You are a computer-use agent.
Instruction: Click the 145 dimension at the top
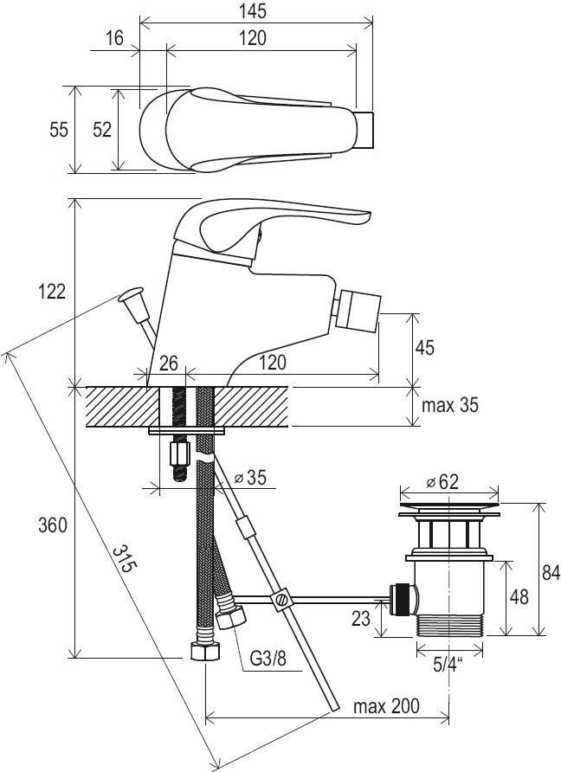254,11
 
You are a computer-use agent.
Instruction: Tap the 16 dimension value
114,38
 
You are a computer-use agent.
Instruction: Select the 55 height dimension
59,130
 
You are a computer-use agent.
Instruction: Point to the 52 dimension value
102,130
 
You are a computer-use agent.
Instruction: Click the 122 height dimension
52,292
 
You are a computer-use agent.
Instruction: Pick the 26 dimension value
169,363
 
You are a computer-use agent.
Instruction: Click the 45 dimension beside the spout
424,348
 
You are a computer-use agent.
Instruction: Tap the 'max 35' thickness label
449,405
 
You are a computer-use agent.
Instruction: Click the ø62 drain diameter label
442,481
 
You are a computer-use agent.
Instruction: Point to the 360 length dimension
53,525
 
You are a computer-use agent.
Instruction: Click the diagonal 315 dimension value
123,559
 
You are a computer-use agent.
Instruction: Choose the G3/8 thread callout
268,658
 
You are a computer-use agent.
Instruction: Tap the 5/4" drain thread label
448,666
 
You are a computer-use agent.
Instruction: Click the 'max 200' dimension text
386,706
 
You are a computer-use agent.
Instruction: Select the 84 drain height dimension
551,573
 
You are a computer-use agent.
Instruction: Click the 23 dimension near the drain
360,619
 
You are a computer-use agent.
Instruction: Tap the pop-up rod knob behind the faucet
130,295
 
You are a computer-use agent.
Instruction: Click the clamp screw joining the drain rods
281,600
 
